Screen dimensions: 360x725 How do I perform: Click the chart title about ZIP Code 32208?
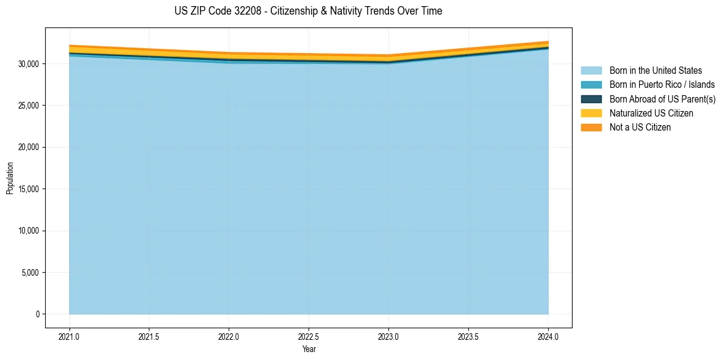tap(308, 11)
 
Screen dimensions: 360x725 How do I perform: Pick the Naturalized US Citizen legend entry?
tap(651, 113)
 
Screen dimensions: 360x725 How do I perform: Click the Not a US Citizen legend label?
tap(640, 128)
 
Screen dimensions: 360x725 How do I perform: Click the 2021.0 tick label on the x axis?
tap(70, 336)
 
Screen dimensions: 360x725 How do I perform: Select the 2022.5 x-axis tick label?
tap(309, 336)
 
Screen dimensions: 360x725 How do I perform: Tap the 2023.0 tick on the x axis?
tap(388, 336)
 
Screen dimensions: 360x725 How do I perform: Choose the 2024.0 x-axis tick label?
tap(548, 336)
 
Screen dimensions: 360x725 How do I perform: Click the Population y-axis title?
tap(10, 178)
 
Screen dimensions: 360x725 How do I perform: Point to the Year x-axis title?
tap(309, 349)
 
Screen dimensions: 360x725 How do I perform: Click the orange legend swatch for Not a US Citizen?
tap(591, 128)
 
